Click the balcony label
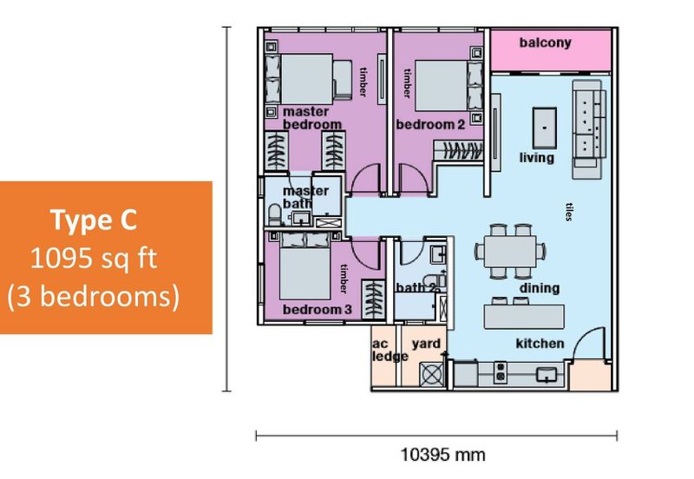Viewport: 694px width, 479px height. [545, 43]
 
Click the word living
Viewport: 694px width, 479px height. [537, 158]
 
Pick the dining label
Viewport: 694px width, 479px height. [540, 288]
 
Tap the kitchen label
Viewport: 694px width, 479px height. [540, 344]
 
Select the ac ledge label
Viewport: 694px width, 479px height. [383, 350]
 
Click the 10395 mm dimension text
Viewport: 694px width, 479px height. [436, 455]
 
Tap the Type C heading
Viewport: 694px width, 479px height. [93, 221]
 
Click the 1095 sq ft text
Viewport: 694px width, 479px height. [93, 258]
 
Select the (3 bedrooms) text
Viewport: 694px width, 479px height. [93, 296]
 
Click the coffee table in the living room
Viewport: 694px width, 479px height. [543, 126]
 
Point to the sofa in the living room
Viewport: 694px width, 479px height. [592, 123]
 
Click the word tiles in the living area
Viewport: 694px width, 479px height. [569, 212]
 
